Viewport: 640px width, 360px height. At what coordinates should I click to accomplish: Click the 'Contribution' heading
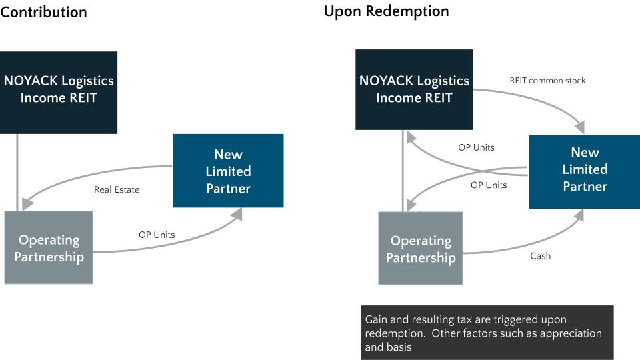tap(43, 12)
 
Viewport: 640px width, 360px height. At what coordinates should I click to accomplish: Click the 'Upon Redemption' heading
tap(386, 11)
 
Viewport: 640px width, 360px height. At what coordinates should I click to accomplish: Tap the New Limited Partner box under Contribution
tap(228, 171)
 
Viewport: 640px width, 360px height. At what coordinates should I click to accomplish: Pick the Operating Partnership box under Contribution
tap(49, 247)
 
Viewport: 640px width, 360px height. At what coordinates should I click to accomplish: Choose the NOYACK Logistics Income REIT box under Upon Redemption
tap(414, 89)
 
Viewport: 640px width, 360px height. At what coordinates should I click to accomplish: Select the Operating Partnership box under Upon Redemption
tap(421, 249)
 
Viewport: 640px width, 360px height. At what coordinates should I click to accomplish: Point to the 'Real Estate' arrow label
tap(117, 189)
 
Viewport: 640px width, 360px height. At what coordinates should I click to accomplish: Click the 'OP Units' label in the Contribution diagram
tap(157, 235)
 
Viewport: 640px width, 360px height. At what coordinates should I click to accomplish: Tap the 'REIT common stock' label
tap(547, 81)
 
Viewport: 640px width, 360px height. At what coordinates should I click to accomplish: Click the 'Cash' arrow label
tap(540, 256)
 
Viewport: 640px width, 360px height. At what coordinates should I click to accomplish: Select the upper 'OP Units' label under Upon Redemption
tap(476, 147)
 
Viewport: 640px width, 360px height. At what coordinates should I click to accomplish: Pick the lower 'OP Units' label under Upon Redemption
tap(489, 185)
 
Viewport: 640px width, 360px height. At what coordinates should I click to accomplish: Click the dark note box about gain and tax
tap(487, 333)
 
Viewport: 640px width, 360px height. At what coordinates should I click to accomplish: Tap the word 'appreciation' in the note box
tap(569, 333)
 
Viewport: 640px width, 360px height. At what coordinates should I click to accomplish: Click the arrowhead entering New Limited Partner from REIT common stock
tap(579, 127)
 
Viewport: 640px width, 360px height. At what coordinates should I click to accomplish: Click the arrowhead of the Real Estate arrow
tap(27, 203)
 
